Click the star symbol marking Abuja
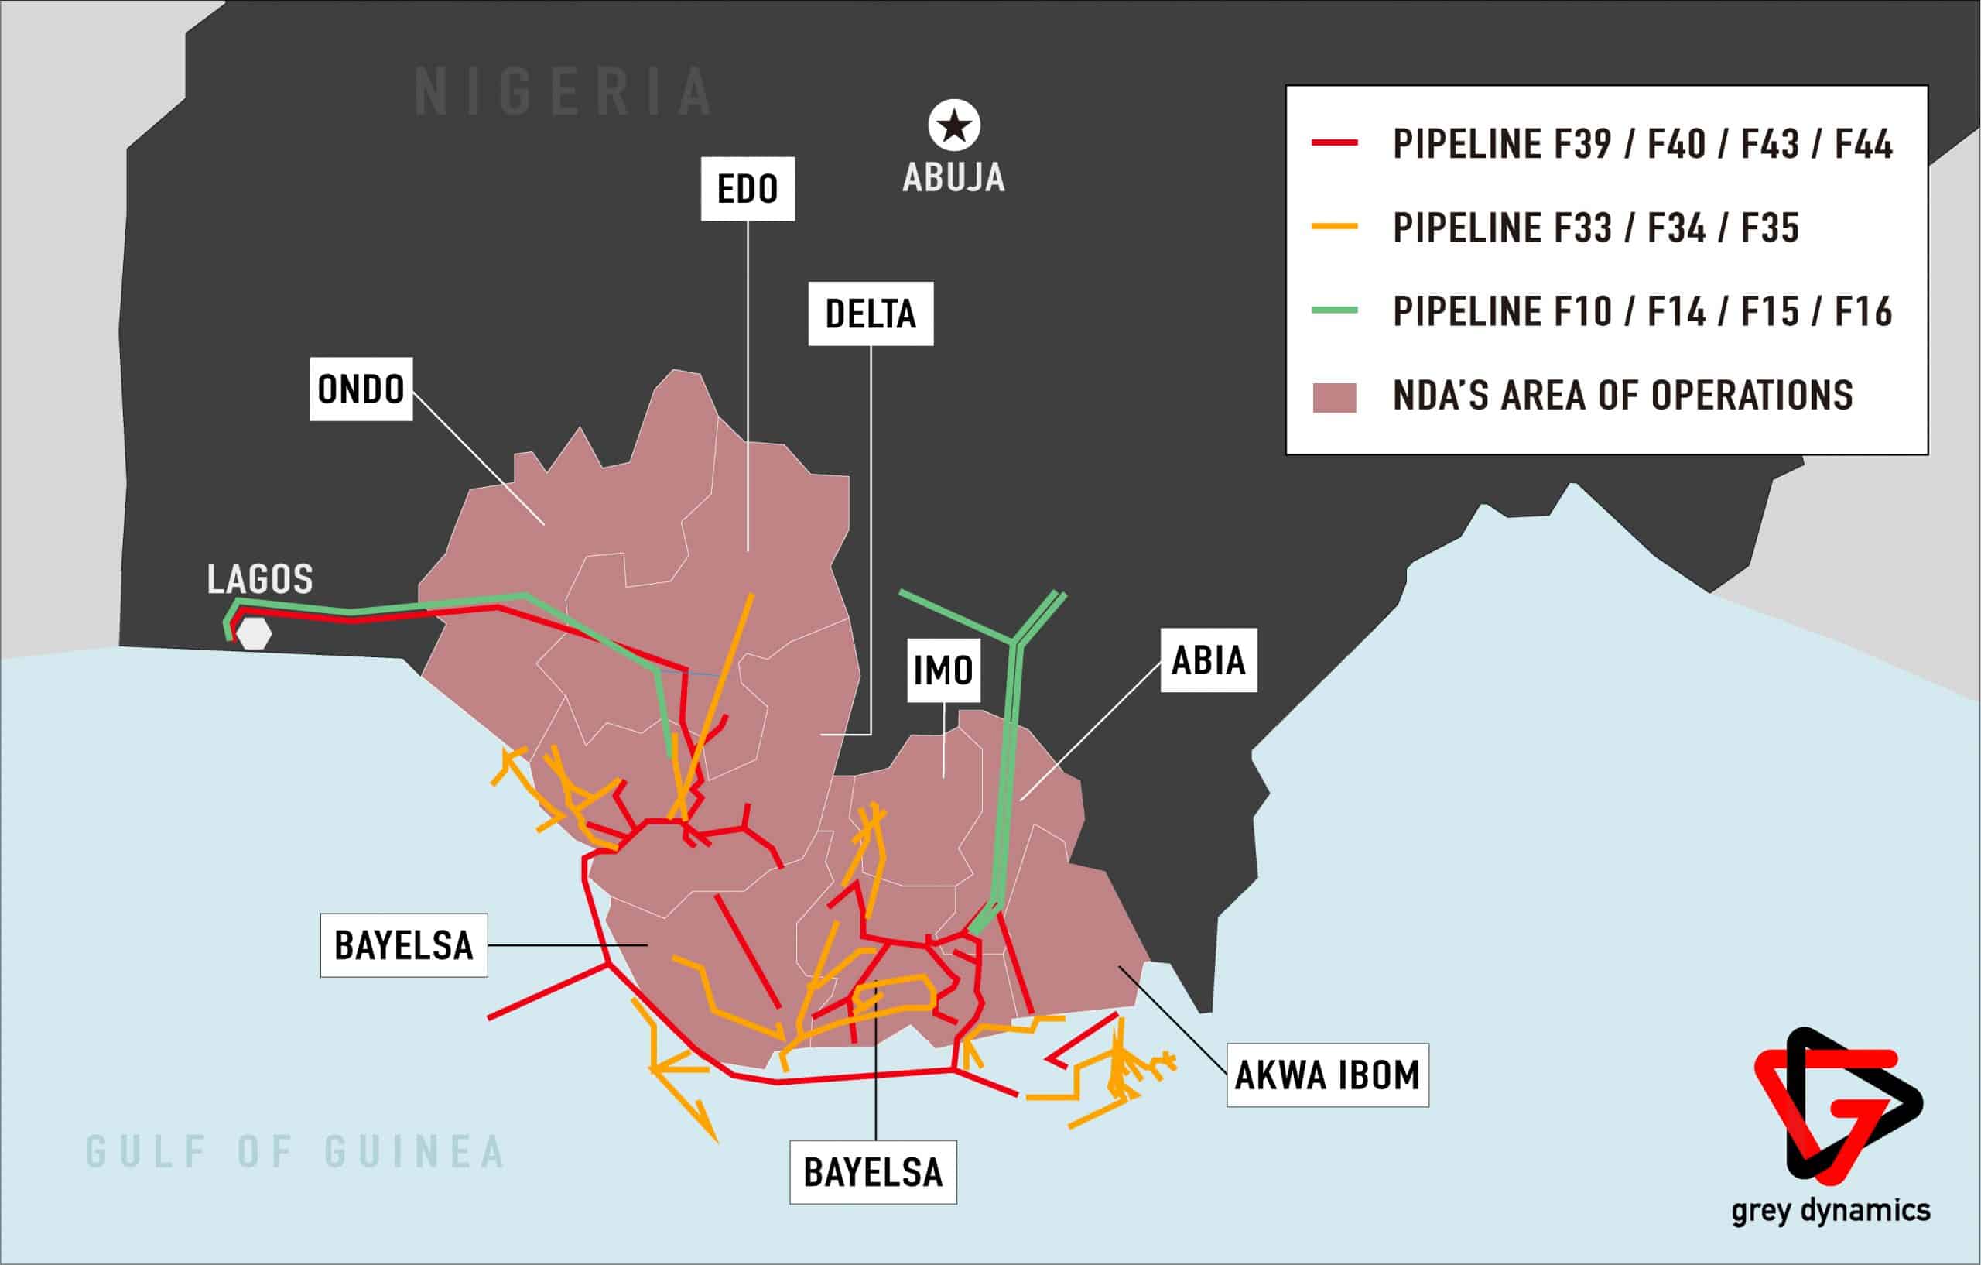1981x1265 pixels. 954,127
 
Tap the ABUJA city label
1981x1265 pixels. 953,178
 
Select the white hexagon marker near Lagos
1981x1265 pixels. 255,634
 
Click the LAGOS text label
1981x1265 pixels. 260,579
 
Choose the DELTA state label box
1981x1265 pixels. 871,314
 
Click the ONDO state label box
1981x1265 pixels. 361,389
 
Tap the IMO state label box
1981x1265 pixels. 943,670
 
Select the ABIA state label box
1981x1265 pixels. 1208,661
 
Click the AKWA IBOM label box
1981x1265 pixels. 1327,1075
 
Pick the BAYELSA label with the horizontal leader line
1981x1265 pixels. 403,946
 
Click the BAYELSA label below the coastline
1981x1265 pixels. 873,1173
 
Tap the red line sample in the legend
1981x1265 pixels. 1334,143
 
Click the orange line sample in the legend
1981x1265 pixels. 1334,226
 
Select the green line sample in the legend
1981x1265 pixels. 1334,310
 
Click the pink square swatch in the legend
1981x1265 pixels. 1333,397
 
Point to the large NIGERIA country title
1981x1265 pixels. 563,92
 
